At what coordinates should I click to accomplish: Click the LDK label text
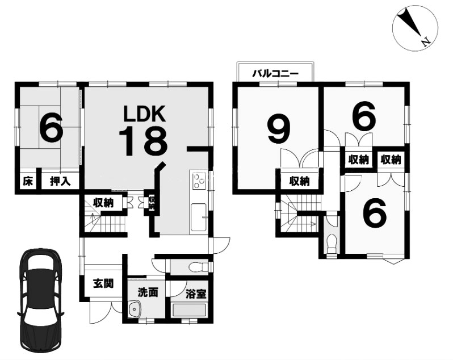pos(144,114)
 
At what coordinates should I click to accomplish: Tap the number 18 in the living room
pos(143,141)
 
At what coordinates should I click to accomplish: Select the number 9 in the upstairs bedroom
pos(278,131)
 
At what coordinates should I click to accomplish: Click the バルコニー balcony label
pos(275,74)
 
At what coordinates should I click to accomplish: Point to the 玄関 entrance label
pos(103,284)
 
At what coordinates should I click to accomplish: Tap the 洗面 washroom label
pos(148,292)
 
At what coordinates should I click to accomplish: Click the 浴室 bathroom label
pos(196,294)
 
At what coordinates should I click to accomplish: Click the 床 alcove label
pos(28,182)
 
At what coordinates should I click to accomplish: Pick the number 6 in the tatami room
pos(51,127)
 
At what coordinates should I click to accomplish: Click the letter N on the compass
pos(426,42)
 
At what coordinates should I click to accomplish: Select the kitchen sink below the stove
pos(199,217)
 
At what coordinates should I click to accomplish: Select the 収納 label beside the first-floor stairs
pos(103,203)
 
